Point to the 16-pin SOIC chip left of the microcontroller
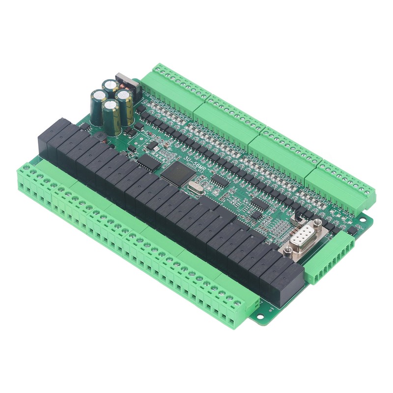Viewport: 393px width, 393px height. point(147,163)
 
